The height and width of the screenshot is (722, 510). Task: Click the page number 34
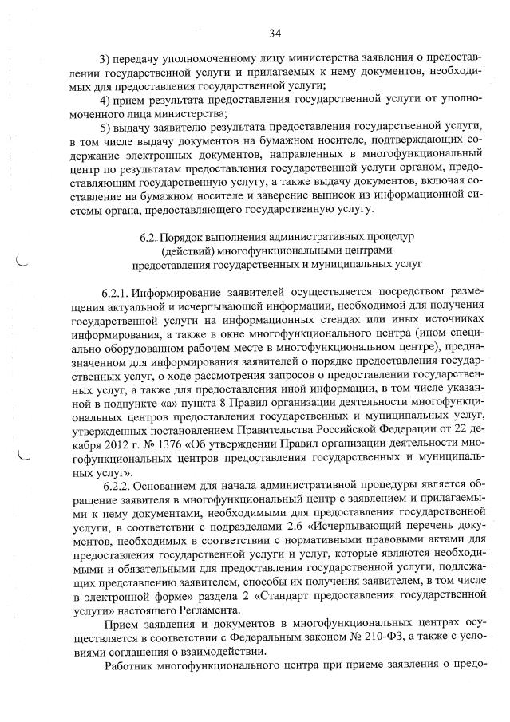(x=275, y=33)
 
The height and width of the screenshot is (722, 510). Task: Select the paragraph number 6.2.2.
(x=117, y=485)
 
